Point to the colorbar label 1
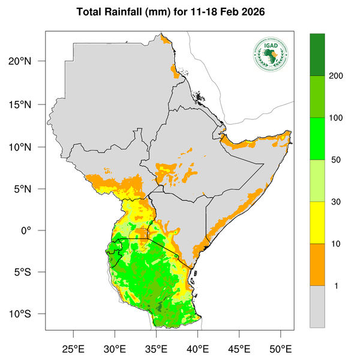337,286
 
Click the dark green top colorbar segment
317,55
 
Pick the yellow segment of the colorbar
317,223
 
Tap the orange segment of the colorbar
317,265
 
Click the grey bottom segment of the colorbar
317,307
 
